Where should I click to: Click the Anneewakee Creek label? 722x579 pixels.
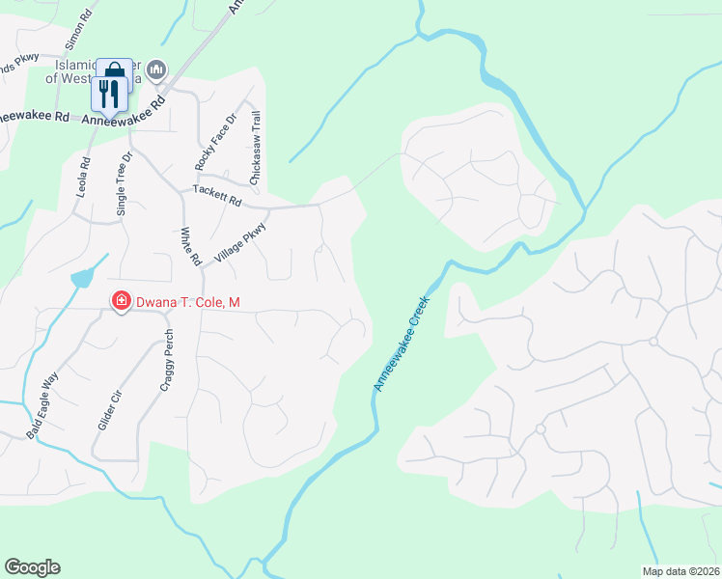click(x=400, y=344)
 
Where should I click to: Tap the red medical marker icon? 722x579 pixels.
click(x=122, y=302)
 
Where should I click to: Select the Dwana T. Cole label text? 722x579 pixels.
click(x=185, y=303)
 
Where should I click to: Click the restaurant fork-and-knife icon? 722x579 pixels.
click(x=109, y=94)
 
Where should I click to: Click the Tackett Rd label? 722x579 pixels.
click(x=216, y=195)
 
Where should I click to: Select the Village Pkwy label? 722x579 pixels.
click(x=240, y=242)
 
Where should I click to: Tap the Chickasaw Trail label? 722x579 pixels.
click(x=256, y=147)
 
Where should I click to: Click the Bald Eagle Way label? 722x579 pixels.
click(x=43, y=405)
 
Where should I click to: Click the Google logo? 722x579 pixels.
click(x=32, y=567)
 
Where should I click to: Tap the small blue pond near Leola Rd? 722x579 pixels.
click(x=82, y=278)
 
